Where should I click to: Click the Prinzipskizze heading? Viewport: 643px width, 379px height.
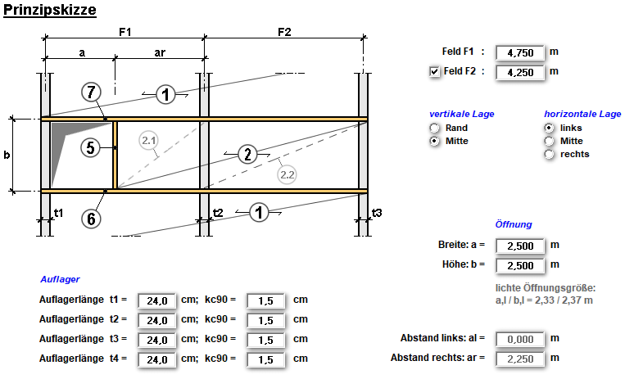coord(50,11)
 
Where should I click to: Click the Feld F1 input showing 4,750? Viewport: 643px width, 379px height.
coord(519,52)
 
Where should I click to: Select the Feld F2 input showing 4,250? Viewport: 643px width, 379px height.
coord(519,72)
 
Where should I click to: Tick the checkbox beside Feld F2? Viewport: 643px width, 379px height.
coord(435,72)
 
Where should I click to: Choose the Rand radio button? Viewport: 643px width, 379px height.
coord(435,129)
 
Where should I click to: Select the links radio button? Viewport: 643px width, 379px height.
coord(550,129)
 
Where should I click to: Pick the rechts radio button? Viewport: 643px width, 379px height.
coord(550,154)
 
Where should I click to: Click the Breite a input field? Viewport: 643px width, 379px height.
coord(519,245)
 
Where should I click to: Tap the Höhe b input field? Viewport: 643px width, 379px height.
coord(519,265)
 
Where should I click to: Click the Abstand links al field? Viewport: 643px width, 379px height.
coord(519,338)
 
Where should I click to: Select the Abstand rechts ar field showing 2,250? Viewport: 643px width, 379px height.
coord(519,358)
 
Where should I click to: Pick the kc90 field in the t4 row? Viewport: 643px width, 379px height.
coord(265,359)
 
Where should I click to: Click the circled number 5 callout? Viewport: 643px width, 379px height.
coord(92,147)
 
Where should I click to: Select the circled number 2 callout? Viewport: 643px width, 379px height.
coord(247,153)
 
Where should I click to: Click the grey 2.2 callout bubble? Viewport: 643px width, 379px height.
coord(288,174)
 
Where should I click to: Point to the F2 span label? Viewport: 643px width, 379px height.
coord(283,32)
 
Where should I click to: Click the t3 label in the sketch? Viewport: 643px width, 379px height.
coord(377,212)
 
